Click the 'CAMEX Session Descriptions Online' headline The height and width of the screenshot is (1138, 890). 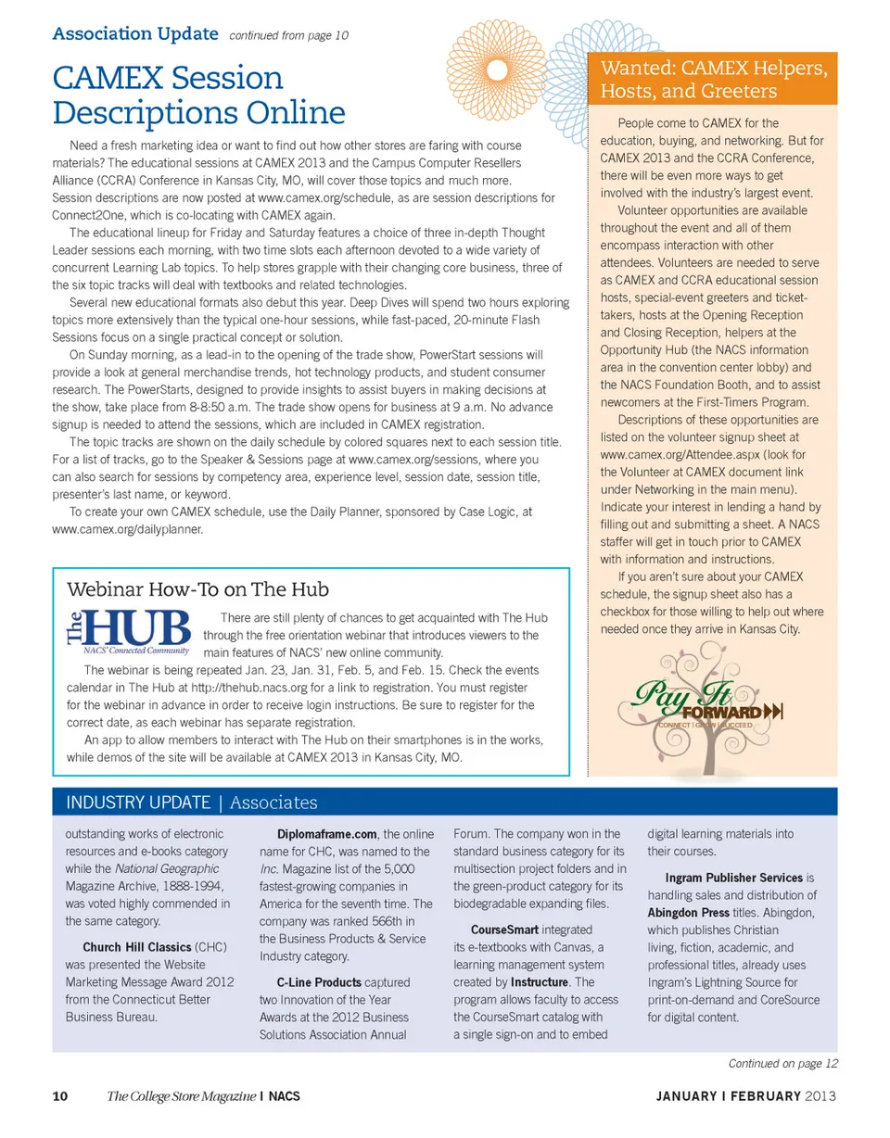click(x=198, y=95)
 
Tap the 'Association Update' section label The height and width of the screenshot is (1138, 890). click(x=136, y=35)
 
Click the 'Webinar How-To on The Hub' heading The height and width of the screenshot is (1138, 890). click(x=197, y=589)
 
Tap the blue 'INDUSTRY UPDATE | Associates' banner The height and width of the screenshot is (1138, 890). click(x=191, y=803)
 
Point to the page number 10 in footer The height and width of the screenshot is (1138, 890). click(x=59, y=1097)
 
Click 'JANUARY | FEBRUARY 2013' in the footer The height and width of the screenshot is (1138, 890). click(x=746, y=1097)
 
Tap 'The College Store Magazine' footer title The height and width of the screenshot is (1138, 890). click(x=181, y=1097)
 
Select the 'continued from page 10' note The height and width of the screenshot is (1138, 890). click(x=288, y=36)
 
